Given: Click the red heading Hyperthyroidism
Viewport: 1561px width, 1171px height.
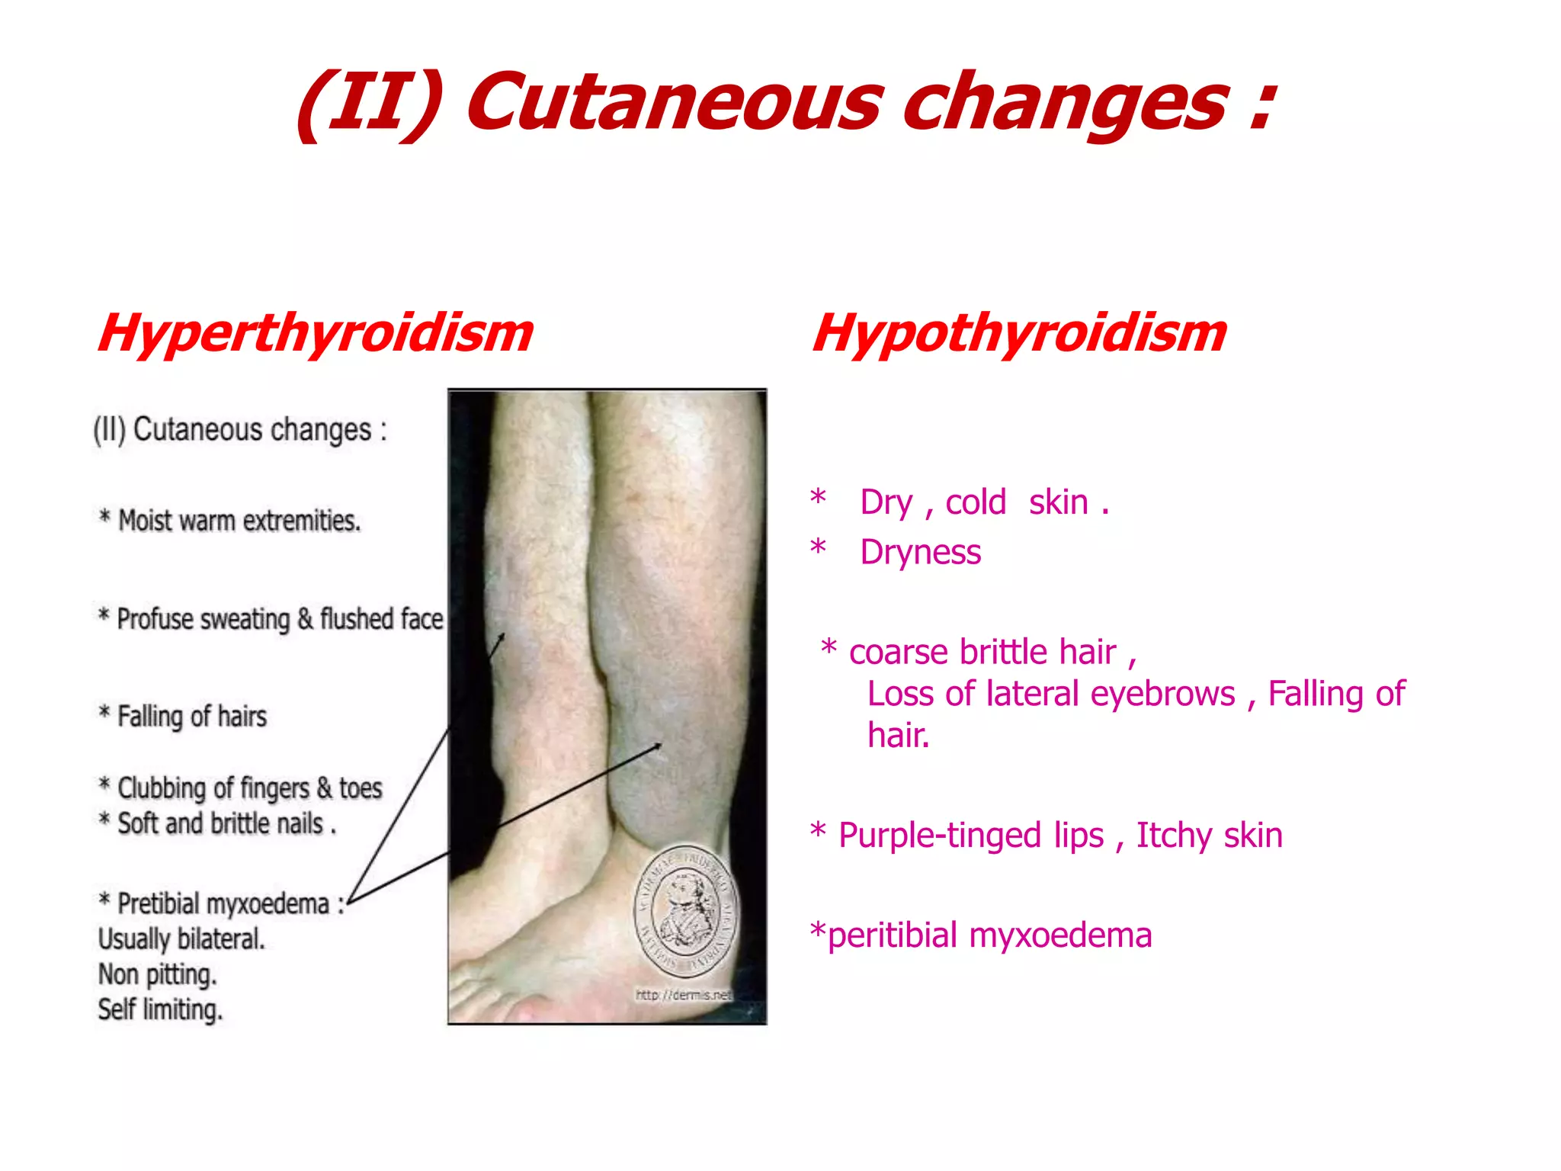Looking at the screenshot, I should coord(316,334).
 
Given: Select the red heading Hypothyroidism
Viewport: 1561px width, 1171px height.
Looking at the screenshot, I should coord(1019,334).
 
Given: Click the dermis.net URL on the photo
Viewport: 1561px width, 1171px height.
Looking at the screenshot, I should coord(683,995).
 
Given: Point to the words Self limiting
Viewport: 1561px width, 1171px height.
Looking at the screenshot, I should coord(160,1009).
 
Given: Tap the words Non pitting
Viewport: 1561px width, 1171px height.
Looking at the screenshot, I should coord(158,974).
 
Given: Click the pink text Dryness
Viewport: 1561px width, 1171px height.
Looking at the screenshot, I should coord(920,553).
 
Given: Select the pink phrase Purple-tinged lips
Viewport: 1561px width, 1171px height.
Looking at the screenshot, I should coord(970,836).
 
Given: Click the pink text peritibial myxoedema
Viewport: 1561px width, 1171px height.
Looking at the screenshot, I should coord(989,935).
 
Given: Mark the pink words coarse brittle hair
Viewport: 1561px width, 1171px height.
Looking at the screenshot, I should coord(982,653).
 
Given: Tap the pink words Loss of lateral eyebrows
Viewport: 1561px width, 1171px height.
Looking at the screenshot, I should coord(1051,694).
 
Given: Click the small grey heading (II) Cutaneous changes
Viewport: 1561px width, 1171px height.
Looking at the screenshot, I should coord(240,430).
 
